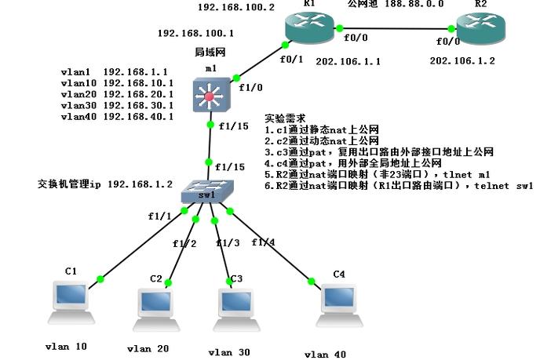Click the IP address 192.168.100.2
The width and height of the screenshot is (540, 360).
(235, 7)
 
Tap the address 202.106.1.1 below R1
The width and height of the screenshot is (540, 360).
(348, 60)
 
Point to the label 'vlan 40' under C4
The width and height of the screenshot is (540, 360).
(325, 355)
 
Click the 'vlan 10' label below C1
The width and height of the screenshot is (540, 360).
(65, 346)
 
